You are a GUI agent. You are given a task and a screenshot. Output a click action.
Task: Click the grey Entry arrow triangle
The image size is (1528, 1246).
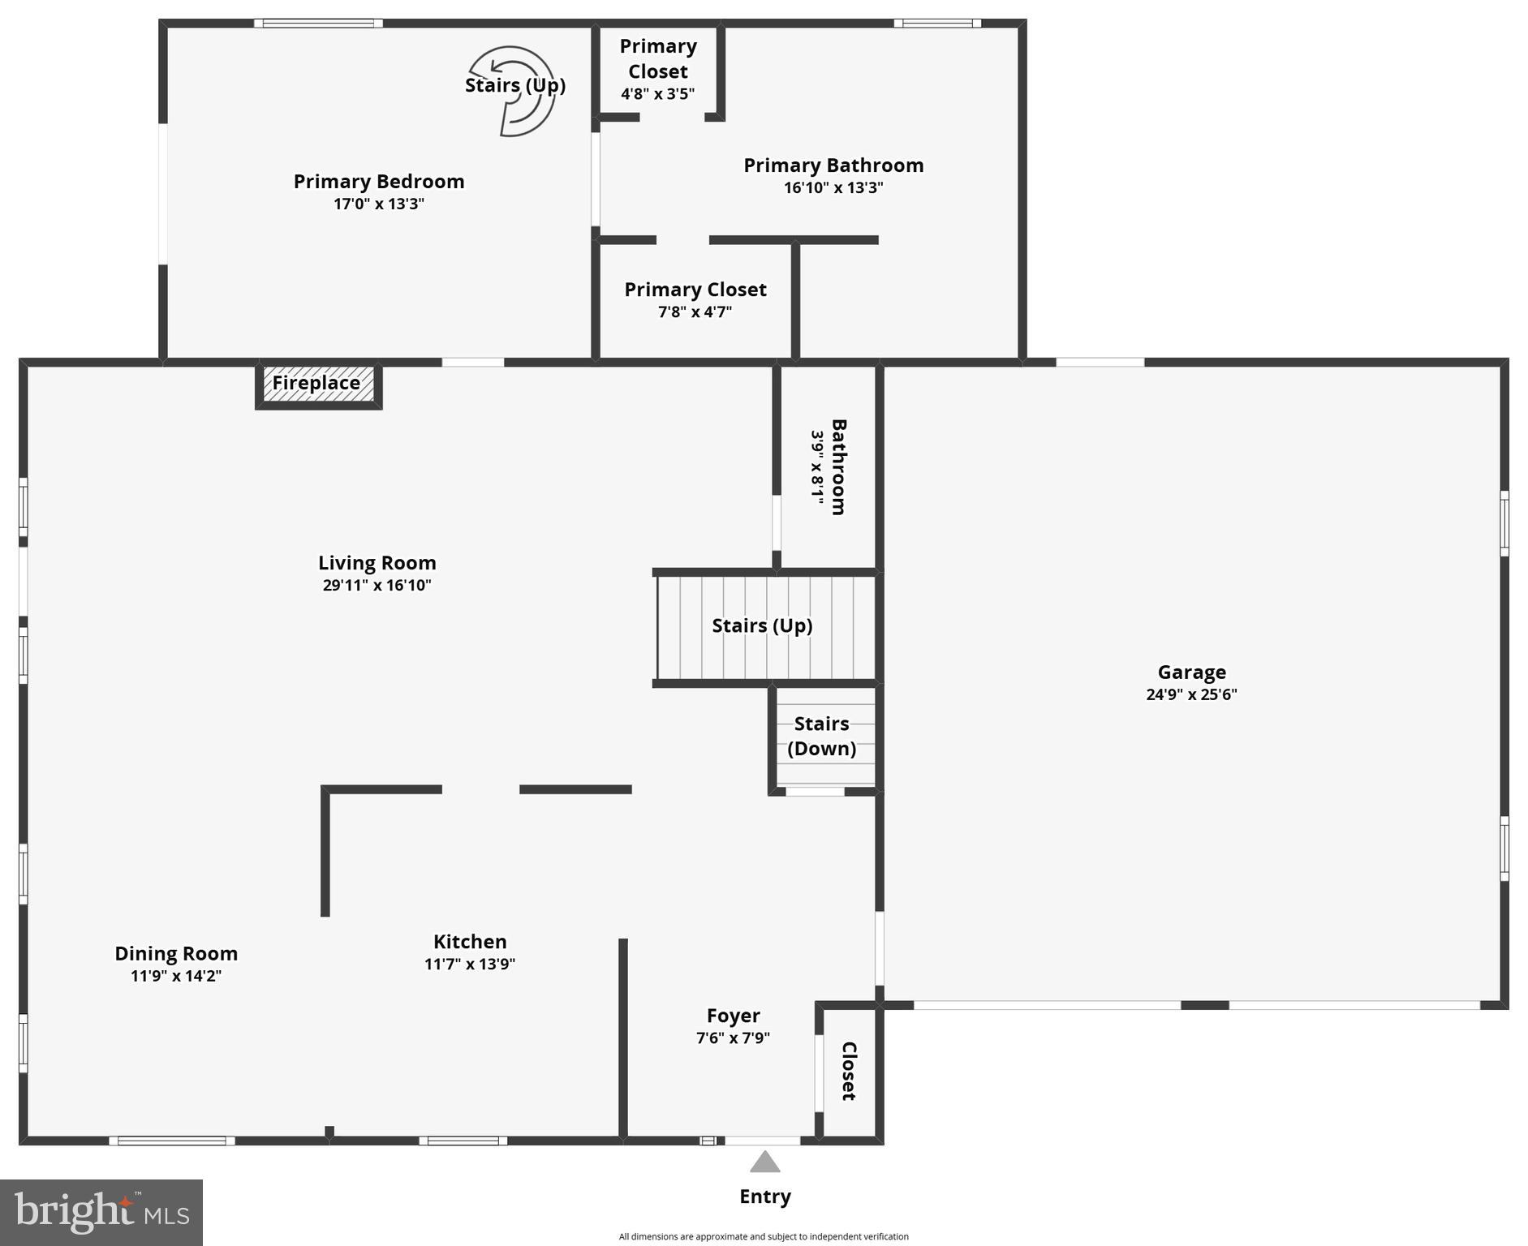coord(764,1162)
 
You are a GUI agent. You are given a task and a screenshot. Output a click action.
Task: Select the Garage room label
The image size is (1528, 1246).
coord(1191,672)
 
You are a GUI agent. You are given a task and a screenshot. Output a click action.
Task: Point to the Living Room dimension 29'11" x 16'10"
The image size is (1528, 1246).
coord(377,585)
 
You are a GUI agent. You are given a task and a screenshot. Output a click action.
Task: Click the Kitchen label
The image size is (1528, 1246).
coord(470,941)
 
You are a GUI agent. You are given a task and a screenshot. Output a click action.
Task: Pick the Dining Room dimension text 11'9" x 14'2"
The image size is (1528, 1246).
coord(176,976)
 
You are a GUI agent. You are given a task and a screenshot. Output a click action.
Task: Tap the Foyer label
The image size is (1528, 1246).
coord(733,1016)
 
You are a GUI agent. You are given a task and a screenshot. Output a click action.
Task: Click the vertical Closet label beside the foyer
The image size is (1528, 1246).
coord(849,1071)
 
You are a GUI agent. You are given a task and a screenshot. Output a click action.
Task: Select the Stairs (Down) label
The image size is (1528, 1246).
coord(821,736)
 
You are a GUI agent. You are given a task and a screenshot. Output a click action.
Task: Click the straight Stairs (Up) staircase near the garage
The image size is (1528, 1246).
coord(763,626)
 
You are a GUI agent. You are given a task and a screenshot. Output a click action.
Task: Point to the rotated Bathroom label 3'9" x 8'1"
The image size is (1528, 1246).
coord(829,466)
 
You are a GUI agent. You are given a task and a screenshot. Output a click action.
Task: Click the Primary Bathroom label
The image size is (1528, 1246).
coord(833,165)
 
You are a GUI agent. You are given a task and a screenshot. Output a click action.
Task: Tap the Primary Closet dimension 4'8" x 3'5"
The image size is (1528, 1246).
coord(657,94)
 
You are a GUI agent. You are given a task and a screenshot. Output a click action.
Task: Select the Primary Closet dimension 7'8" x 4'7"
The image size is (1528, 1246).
coord(695,312)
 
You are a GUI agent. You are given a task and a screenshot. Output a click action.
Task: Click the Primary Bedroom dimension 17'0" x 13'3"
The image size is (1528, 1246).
coord(379,204)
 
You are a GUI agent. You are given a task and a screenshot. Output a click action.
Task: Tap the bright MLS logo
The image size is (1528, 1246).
coord(101,1212)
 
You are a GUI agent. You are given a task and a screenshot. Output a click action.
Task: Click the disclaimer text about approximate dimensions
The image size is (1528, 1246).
coord(764,1236)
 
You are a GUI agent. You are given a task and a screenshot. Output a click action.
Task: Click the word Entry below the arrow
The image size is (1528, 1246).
coord(764,1197)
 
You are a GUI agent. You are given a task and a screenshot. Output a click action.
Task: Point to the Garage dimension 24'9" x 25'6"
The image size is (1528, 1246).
coord(1191,694)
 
